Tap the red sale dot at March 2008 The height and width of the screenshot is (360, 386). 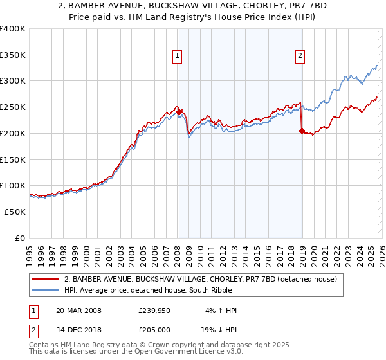coord(179,112)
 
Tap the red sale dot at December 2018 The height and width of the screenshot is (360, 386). coord(302,130)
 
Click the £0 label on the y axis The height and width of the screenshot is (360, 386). coord(19,238)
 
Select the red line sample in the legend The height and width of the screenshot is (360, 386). coord(46,279)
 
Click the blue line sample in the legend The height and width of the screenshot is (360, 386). coord(46,290)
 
